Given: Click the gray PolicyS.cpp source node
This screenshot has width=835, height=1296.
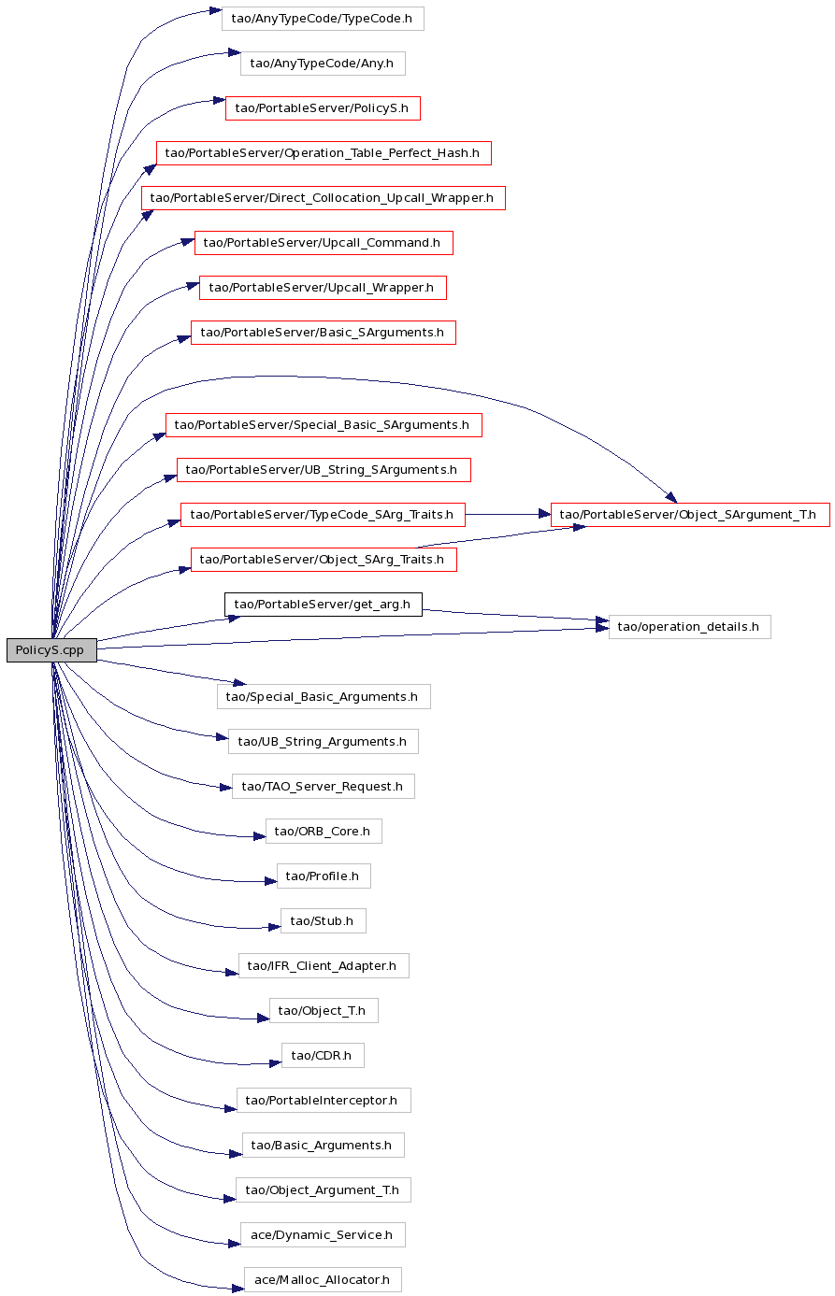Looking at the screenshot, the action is [51, 649].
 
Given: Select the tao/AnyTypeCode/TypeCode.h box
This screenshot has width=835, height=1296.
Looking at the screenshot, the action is [323, 19].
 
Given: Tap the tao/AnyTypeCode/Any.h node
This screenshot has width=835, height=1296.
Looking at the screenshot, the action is [323, 63].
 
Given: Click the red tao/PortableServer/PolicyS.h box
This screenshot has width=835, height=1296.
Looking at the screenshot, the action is [323, 108].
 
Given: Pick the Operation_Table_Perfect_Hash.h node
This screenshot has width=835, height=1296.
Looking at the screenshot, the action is [324, 152].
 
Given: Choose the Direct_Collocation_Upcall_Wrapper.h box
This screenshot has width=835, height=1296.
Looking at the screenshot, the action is [324, 198].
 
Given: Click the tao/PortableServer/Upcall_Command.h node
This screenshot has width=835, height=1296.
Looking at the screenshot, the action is [324, 242].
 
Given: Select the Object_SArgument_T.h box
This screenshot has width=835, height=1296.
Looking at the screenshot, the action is [690, 514].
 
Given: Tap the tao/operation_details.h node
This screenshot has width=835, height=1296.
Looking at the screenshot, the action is [690, 627].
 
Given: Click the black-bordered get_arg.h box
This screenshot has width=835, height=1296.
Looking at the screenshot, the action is [324, 604].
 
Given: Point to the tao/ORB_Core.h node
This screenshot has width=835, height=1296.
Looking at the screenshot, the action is [324, 831].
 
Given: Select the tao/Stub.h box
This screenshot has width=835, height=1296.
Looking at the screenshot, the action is [324, 920].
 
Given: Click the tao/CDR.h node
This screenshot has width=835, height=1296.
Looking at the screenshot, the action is [323, 1055].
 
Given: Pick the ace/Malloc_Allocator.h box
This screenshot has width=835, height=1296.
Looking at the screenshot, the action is [323, 1280].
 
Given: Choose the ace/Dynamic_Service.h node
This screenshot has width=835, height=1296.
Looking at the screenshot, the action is [323, 1234].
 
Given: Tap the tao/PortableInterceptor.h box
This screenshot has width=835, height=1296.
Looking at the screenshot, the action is [324, 1100].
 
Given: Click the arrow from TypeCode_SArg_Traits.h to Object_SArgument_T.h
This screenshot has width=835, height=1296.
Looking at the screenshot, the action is [508, 514].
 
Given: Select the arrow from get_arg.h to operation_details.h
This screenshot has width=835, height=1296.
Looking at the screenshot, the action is [515, 615].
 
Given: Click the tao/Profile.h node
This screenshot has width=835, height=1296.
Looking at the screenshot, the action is [324, 876].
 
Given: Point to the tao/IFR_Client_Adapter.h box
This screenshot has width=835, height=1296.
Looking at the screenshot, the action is [324, 965].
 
